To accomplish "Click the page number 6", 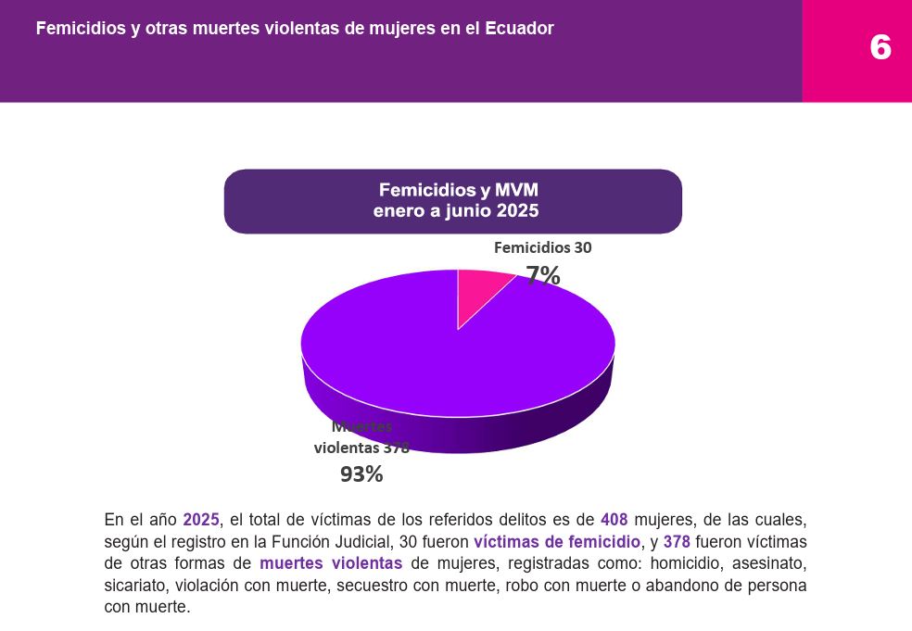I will coord(880,47).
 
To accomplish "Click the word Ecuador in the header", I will coord(518,29).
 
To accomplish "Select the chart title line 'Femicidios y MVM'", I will coord(458,191).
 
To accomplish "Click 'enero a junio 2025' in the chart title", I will coord(455,211).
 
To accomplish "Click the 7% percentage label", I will coord(543,275).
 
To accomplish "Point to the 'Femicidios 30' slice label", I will coord(542,247).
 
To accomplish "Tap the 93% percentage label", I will coord(361,473).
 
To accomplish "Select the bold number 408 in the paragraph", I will coord(614,520).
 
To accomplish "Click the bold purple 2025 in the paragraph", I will coord(200,520).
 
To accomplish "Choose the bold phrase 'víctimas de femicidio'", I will coord(556,542).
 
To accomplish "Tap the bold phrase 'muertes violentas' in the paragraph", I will coord(331,563).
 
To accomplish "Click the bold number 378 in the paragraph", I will coord(677,542).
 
